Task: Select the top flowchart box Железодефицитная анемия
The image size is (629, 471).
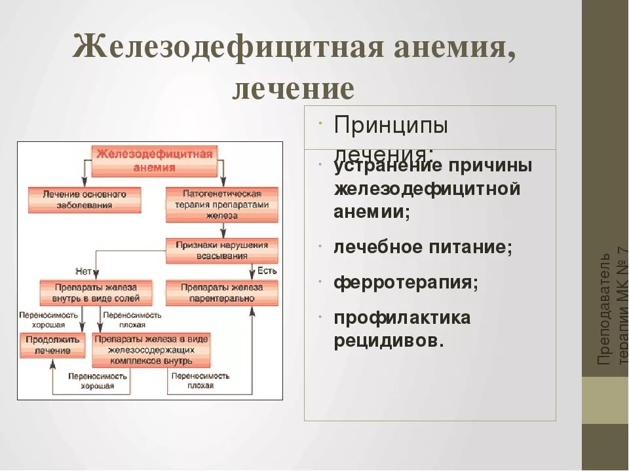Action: (154, 161)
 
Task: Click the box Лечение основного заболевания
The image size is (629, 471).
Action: (85, 200)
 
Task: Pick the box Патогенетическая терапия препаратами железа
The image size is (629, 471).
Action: (222, 204)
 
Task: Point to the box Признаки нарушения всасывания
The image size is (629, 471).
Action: (222, 251)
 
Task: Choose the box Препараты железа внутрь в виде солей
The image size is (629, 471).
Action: (96, 293)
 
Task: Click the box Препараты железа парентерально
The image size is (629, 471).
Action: (222, 293)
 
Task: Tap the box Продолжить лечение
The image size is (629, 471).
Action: (53, 345)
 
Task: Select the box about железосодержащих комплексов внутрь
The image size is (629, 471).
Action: (151, 350)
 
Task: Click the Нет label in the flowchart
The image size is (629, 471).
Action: (83, 270)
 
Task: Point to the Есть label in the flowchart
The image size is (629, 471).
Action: (267, 270)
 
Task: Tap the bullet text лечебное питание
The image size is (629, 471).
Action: (423, 247)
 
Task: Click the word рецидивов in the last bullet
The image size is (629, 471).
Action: (389, 341)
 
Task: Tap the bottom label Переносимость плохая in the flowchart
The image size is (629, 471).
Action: (200, 381)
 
